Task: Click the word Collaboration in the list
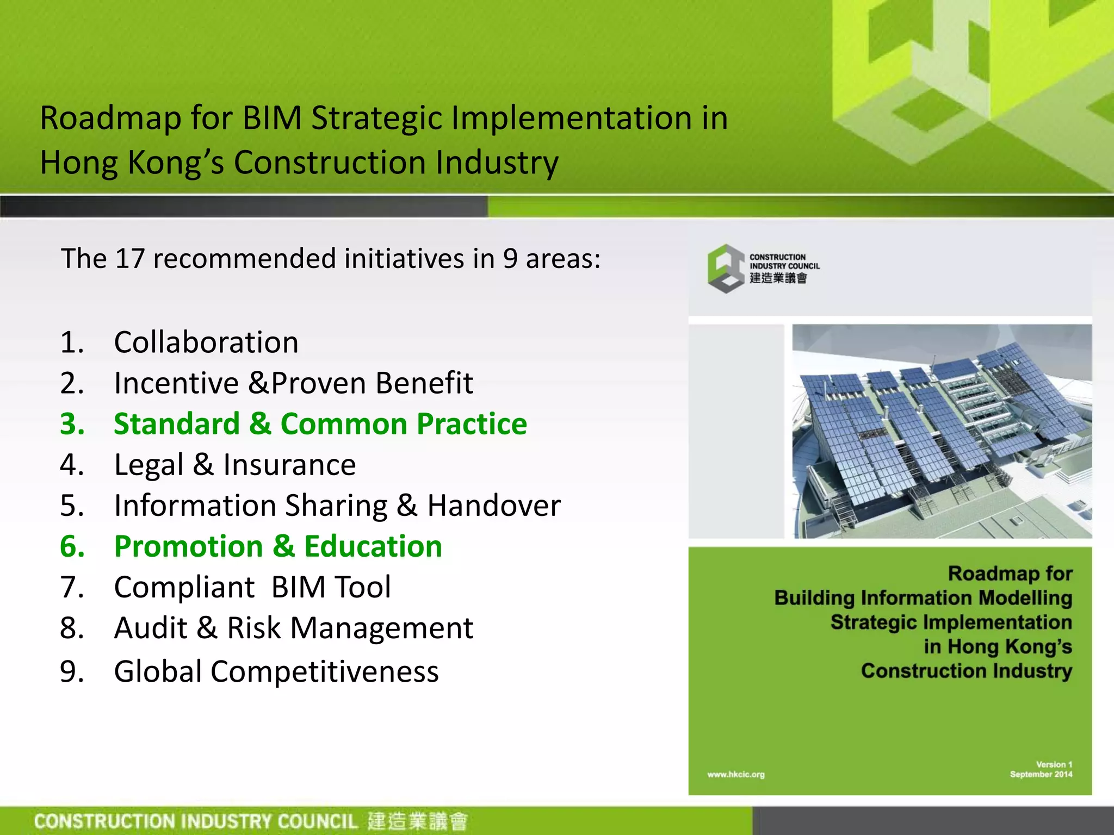[206, 342]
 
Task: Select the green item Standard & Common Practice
[320, 424]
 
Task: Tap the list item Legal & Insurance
[234, 465]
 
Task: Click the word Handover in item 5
[493, 506]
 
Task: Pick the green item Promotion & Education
[278, 546]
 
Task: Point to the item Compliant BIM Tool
[252, 587]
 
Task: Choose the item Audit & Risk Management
[293, 628]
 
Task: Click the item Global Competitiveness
[276, 671]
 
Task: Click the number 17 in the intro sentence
[129, 258]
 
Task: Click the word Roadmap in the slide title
[110, 118]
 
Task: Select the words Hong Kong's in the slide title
[132, 163]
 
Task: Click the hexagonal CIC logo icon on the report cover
[726, 269]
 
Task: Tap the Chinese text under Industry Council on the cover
[778, 278]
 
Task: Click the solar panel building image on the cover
[942, 431]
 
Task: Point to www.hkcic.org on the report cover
[735, 775]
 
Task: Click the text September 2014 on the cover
[1041, 775]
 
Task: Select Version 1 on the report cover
[1054, 764]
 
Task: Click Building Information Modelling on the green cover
[923, 598]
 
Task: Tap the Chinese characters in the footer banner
[417, 821]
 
